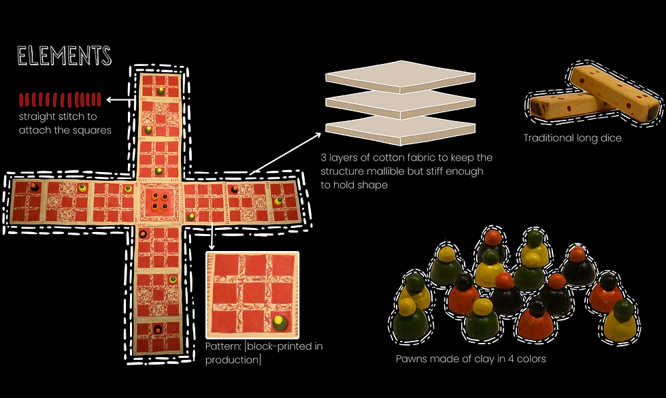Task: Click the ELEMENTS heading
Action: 64,56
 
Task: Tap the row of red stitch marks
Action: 60,99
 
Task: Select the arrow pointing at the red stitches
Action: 121,100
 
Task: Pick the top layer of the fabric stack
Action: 400,77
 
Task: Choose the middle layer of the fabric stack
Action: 400,104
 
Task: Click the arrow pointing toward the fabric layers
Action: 286,153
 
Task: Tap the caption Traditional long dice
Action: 572,138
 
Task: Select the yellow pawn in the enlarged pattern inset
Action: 280,322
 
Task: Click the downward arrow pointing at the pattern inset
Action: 212,236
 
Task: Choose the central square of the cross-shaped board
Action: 159,201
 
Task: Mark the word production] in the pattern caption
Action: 233,360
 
